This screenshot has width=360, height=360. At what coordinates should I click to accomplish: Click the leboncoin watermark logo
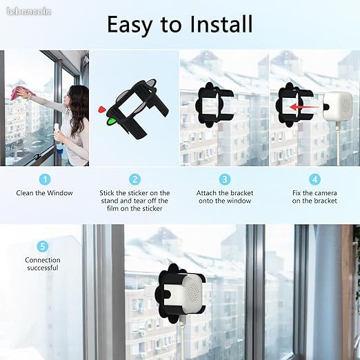point(29,12)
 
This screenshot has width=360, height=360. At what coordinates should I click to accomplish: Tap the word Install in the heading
point(221,24)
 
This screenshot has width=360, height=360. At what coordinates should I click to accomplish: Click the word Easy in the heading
point(130,26)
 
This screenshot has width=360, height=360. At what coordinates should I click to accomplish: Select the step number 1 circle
point(45,179)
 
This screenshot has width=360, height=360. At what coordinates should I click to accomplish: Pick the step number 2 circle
point(134,179)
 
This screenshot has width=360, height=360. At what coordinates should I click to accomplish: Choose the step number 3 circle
point(225,179)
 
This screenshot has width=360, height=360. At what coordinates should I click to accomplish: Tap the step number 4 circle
point(314,179)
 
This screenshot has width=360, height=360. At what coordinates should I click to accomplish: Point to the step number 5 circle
point(43,246)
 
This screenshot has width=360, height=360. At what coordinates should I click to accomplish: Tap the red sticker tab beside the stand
point(101,110)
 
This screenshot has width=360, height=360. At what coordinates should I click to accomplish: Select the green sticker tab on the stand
point(112,121)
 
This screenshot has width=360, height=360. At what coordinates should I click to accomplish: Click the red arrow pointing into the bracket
point(304,107)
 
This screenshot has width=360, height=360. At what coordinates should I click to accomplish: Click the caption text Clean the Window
point(44,193)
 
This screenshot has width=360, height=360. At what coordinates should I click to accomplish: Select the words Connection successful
point(43,264)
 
